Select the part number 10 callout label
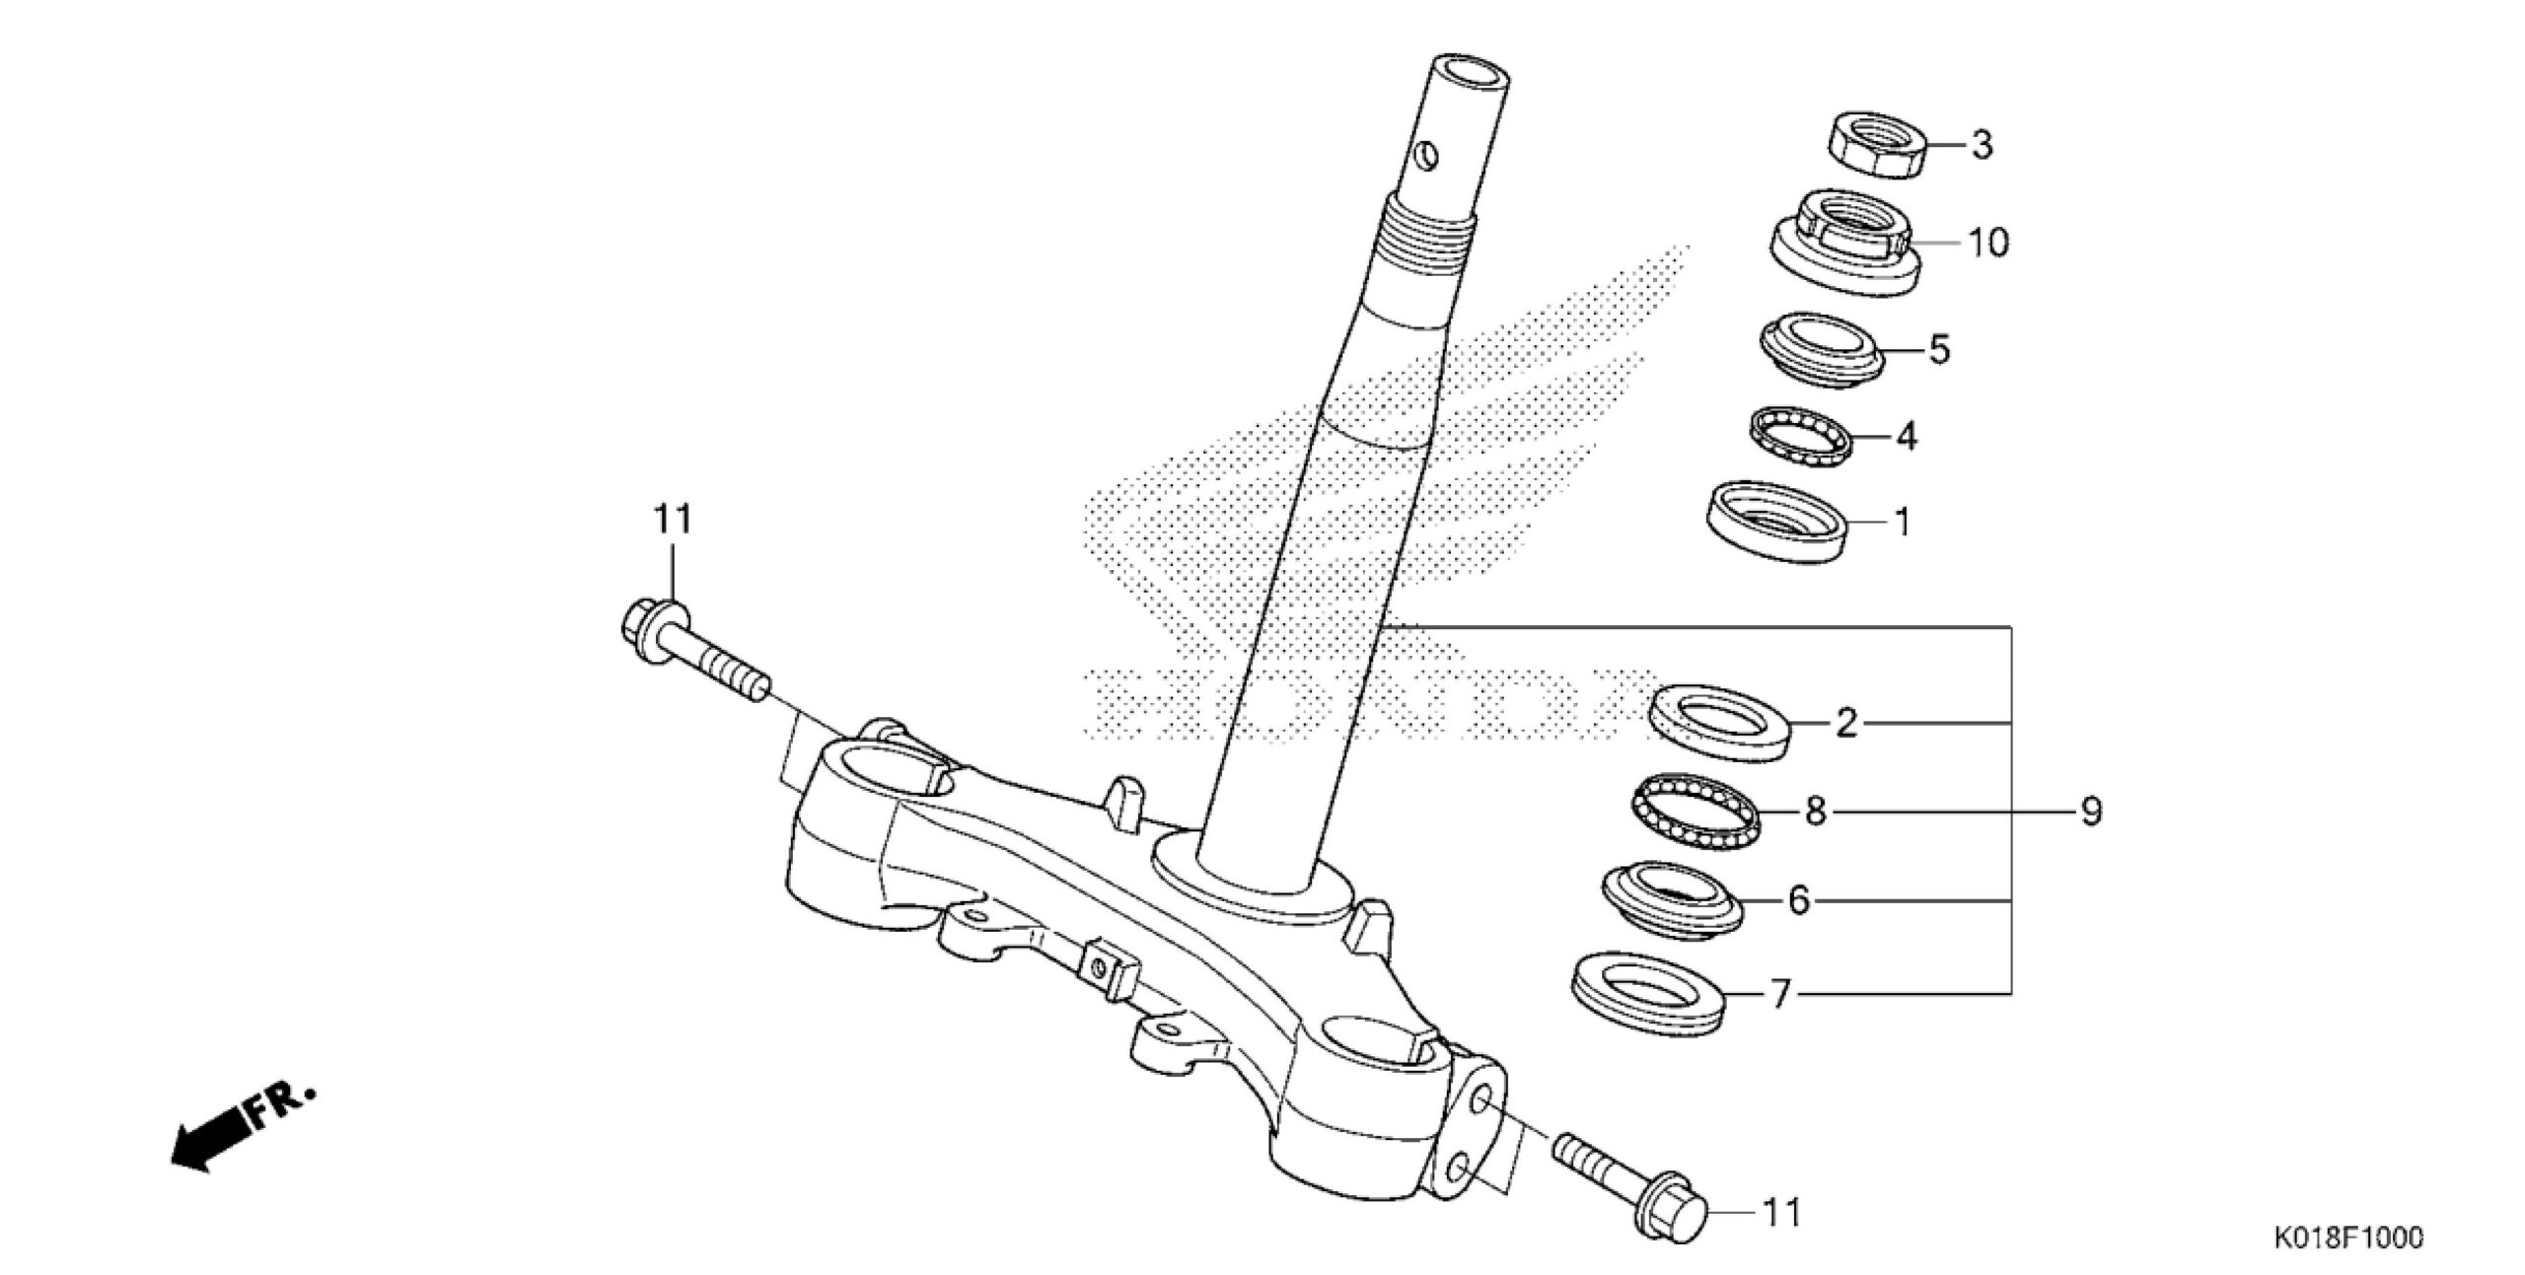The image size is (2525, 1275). click(1988, 242)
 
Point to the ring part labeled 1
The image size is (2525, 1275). click(1775, 521)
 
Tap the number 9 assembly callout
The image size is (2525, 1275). click(2090, 812)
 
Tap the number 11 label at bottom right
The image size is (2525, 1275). click(1781, 1212)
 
